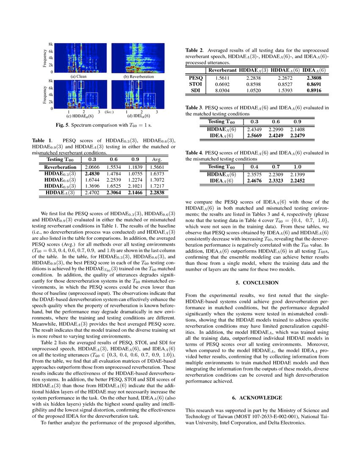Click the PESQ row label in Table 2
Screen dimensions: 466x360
(x=196, y=78)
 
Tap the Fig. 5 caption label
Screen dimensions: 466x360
(x=68, y=125)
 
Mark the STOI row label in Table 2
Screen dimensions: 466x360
(x=196, y=84)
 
